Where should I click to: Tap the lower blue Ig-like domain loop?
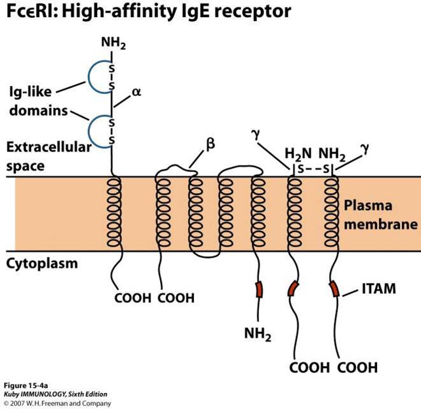tap(95, 130)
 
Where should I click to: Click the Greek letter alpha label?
tap(135, 92)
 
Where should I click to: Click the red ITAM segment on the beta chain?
tap(258, 289)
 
